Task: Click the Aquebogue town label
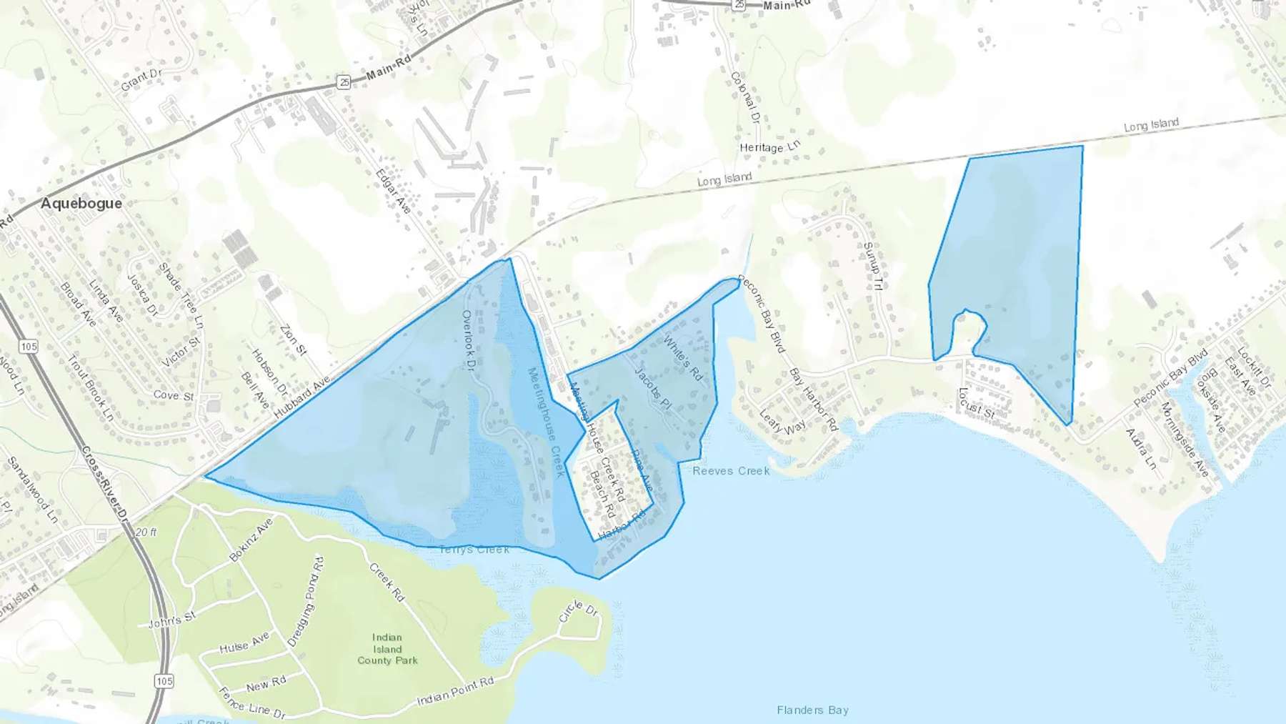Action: coord(81,204)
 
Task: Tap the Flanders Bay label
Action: coord(812,710)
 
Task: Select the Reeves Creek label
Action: coord(731,471)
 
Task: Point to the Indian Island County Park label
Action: coord(387,649)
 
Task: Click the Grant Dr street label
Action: coord(141,80)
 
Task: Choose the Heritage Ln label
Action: coord(770,147)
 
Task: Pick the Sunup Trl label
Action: coord(872,266)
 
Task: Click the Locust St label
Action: coord(976,404)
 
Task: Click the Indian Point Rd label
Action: coord(455,690)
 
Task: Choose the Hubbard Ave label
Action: coord(303,398)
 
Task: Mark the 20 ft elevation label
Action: coord(146,532)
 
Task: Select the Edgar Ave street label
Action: coord(393,191)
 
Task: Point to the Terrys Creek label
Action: coord(474,550)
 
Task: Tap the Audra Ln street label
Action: coord(1141,449)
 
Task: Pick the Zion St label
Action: coord(293,340)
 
